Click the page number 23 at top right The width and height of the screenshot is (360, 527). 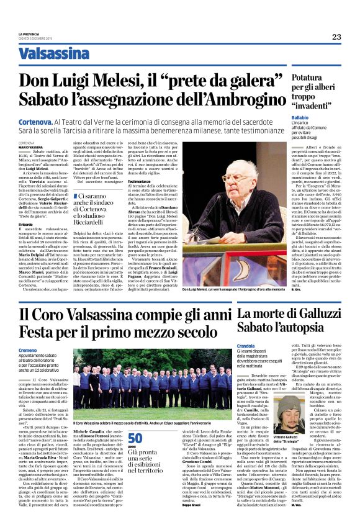336,37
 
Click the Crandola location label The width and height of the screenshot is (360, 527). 246,345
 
